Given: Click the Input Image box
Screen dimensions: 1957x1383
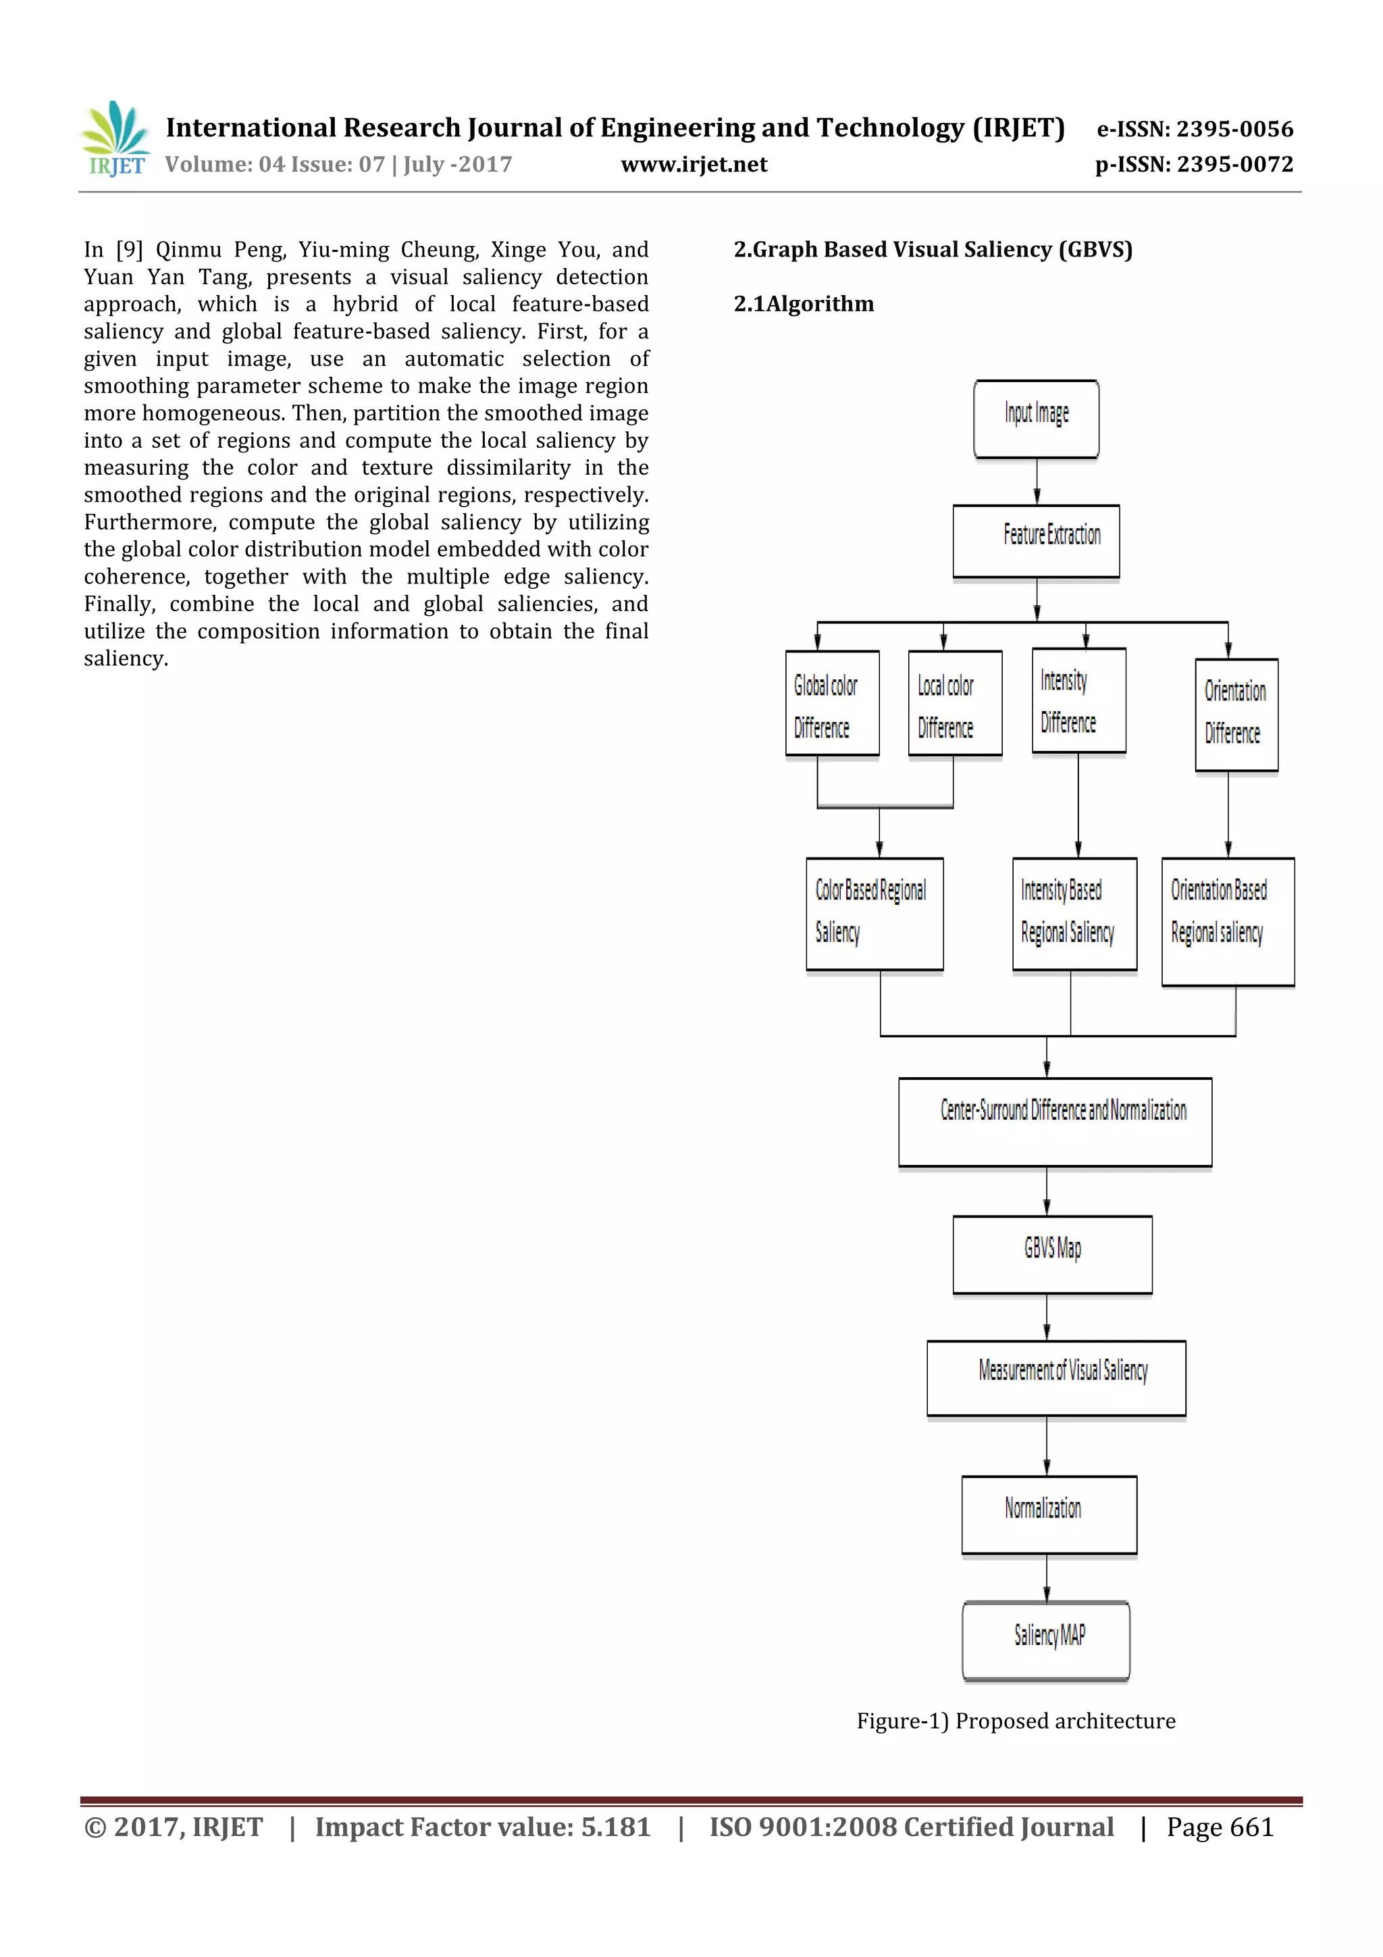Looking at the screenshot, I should (x=1036, y=419).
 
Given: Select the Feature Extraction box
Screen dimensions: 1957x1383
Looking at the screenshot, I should (x=1036, y=541).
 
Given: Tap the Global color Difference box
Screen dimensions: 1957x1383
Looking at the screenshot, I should (x=832, y=703).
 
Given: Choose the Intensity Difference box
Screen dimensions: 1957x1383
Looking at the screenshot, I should (x=1079, y=701).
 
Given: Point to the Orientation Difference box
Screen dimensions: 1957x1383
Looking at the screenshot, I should (x=1236, y=714).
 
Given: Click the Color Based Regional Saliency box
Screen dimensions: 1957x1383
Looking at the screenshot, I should (x=875, y=914).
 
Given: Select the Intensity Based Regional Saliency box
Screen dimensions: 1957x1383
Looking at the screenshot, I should (x=1074, y=914).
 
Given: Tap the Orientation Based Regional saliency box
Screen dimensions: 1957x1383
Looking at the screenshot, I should (x=1228, y=921).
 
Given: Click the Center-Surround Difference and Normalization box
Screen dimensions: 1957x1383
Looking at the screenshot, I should (x=1055, y=1122).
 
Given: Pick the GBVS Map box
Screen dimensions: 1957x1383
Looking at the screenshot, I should (x=1052, y=1254).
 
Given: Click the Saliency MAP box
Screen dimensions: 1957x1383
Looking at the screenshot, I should (x=1047, y=1640).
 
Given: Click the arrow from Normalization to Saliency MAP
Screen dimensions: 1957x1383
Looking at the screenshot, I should (x=1047, y=1577).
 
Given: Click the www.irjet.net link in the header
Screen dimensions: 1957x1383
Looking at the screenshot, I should (x=694, y=165).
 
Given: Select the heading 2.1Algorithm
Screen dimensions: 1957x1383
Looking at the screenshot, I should (x=804, y=305).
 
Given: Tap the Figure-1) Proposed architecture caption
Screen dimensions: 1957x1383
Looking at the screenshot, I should (x=1016, y=1721).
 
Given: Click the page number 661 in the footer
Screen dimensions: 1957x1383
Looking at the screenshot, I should (x=1252, y=1827).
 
